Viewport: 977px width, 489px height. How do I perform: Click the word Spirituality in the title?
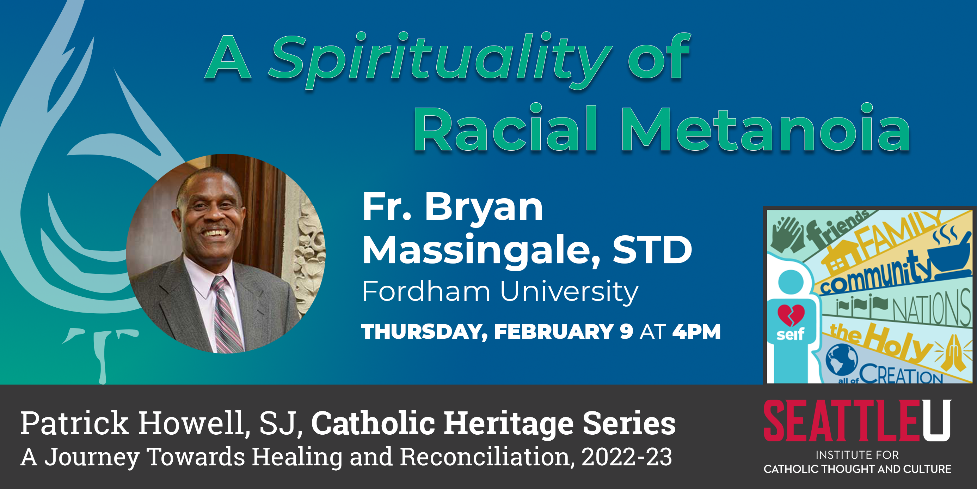pos(440,61)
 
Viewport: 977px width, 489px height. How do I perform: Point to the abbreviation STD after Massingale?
pos(652,249)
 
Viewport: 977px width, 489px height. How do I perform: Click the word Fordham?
pos(426,291)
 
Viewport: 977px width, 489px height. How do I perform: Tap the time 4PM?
pos(696,331)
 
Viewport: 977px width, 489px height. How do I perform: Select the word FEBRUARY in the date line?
pos(554,331)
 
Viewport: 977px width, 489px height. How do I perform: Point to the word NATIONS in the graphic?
pos(931,308)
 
